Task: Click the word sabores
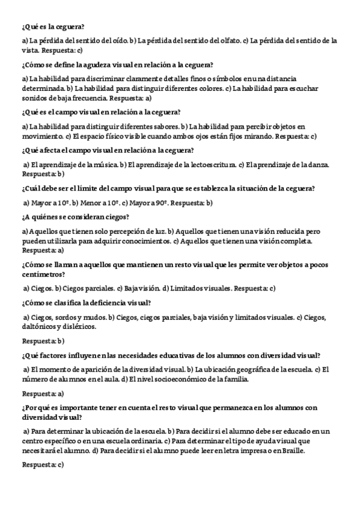pos(168,127)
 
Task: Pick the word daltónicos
pos(39,327)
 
